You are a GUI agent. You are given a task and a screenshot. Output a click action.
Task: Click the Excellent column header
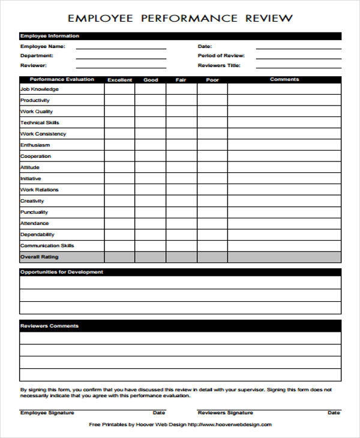(x=119, y=80)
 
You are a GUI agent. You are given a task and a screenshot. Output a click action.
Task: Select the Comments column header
(x=284, y=80)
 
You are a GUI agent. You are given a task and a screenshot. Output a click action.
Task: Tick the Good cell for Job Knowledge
(x=150, y=89)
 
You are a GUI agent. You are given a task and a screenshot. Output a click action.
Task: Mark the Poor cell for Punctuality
(x=212, y=212)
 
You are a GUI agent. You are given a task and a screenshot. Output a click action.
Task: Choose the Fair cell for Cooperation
(x=181, y=157)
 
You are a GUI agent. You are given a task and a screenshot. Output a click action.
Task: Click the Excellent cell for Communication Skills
(x=119, y=246)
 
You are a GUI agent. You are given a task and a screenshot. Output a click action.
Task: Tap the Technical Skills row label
(x=40, y=123)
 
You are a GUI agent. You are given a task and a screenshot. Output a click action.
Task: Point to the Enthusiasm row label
(x=35, y=145)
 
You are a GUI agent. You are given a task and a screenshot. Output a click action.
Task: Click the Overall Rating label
(x=39, y=257)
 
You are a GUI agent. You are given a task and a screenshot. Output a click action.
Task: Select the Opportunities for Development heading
(x=61, y=272)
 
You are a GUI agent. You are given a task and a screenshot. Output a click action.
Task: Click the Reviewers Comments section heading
(x=49, y=326)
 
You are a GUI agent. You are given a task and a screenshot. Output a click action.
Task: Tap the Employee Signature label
(x=47, y=413)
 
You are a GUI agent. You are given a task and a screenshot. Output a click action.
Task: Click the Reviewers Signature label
(x=226, y=413)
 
